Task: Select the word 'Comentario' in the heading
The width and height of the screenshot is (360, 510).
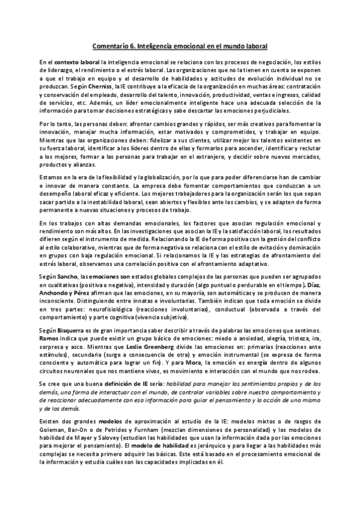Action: [112, 45]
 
